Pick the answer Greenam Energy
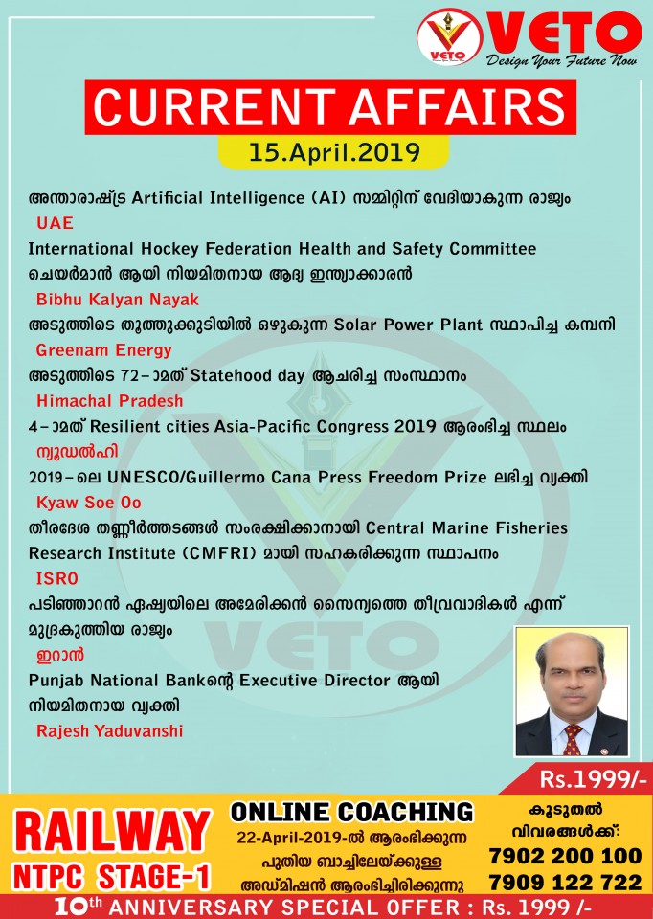[103, 349]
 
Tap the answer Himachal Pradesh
[109, 400]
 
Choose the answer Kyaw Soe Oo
[92, 502]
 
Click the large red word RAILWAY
[113, 831]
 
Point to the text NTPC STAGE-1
[113, 876]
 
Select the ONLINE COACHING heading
[351, 812]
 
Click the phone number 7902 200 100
[564, 855]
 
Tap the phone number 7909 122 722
[564, 881]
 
